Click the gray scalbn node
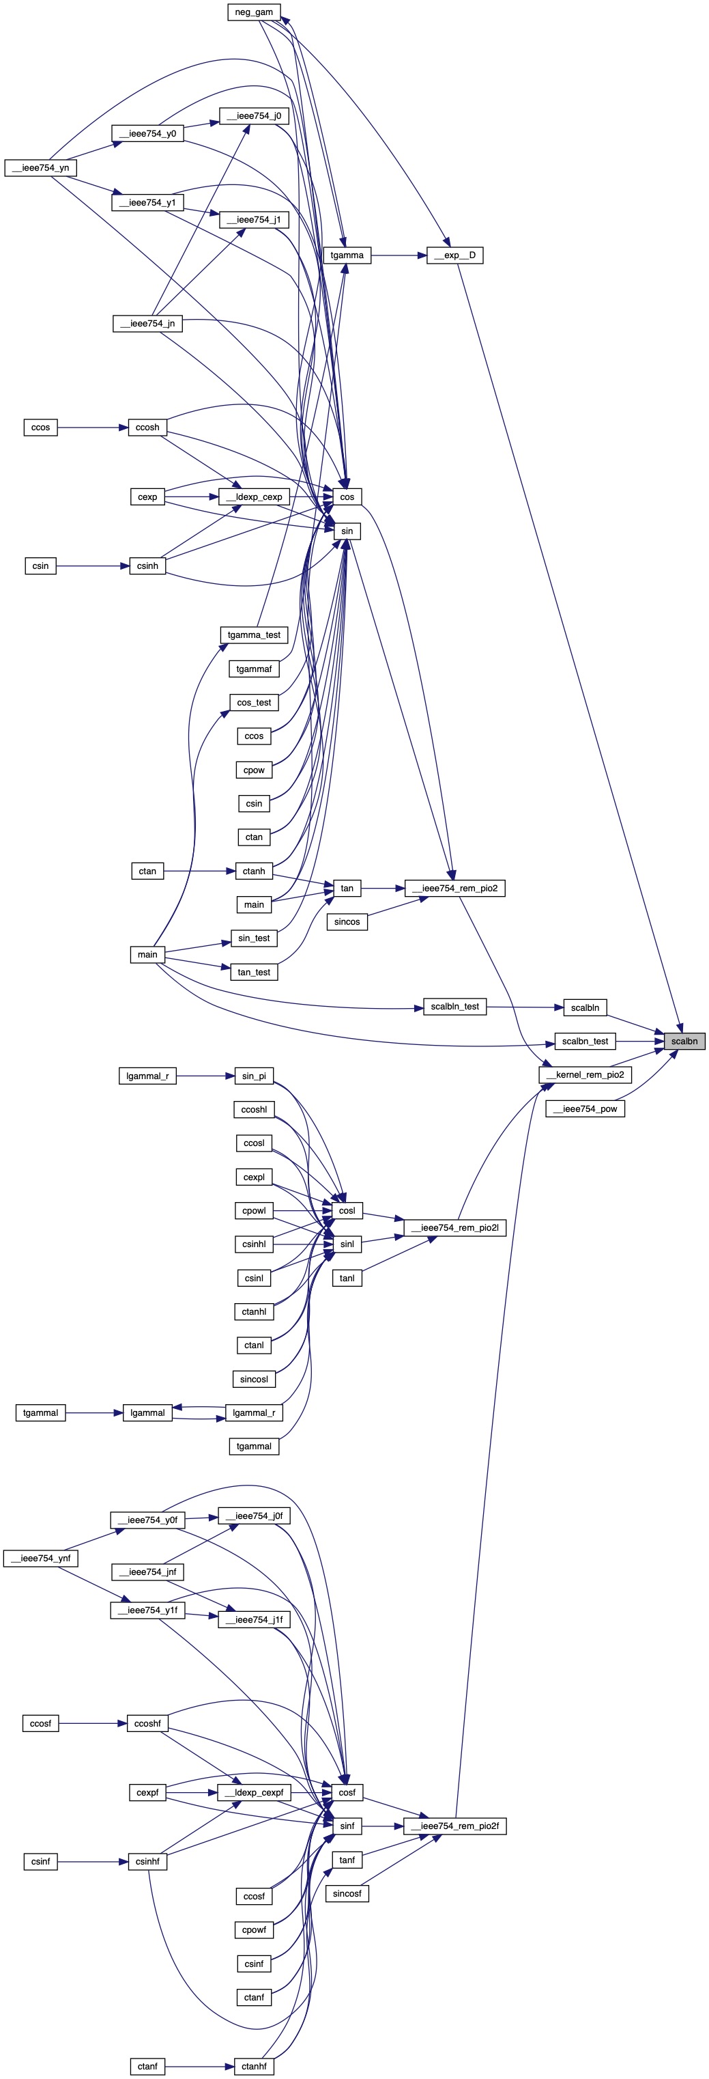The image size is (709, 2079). [x=684, y=1041]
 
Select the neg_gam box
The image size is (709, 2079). [x=253, y=12]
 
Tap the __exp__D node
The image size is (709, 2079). [x=455, y=255]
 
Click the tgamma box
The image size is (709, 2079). [x=347, y=255]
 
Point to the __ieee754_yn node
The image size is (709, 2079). [x=40, y=168]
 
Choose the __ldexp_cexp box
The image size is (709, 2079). [x=254, y=497]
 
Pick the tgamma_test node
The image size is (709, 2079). [x=254, y=635]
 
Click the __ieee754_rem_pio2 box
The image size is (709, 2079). [x=455, y=889]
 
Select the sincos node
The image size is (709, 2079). [x=347, y=921]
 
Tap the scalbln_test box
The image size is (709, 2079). [x=455, y=1007]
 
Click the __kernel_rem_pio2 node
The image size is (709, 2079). [x=585, y=1075]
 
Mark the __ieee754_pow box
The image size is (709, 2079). [x=585, y=1109]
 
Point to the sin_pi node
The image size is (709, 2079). [x=254, y=1076]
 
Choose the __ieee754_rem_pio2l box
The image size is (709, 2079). [x=455, y=1229]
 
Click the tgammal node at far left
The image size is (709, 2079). [x=40, y=1413]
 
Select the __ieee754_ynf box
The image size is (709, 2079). [x=40, y=1559]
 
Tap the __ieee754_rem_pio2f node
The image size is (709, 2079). [x=455, y=1826]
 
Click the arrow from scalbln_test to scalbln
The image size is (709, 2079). [x=524, y=1007]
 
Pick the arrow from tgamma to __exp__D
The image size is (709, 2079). [x=399, y=255]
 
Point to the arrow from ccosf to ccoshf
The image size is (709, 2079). [x=93, y=1724]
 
